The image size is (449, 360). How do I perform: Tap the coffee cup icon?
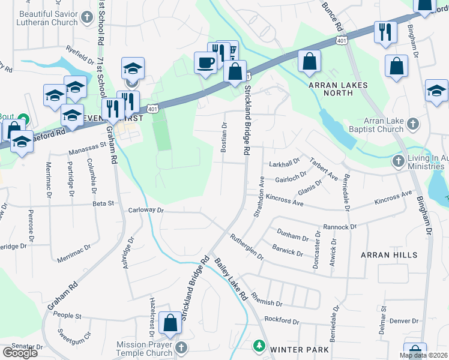pyautogui.click(x=205, y=62)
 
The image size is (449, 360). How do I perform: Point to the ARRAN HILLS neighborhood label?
pyautogui.click(x=389, y=255)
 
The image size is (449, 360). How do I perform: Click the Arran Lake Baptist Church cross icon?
pyautogui.click(x=412, y=124)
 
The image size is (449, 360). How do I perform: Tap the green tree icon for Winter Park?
pyautogui.click(x=259, y=346)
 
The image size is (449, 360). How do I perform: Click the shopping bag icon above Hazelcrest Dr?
pyautogui.click(x=171, y=322)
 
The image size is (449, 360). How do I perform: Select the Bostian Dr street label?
pyautogui.click(x=224, y=137)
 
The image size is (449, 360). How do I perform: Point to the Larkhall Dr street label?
pyautogui.click(x=285, y=163)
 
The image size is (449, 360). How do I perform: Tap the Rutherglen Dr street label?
pyautogui.click(x=246, y=247)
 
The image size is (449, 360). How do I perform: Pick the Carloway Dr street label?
pyautogui.click(x=146, y=211)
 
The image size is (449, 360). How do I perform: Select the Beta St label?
pyautogui.click(x=103, y=204)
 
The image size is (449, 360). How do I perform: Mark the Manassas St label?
pyautogui.click(x=87, y=145)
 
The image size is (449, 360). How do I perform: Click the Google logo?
pyautogui.click(x=20, y=353)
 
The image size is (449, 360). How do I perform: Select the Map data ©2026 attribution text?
pyautogui.click(x=423, y=355)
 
